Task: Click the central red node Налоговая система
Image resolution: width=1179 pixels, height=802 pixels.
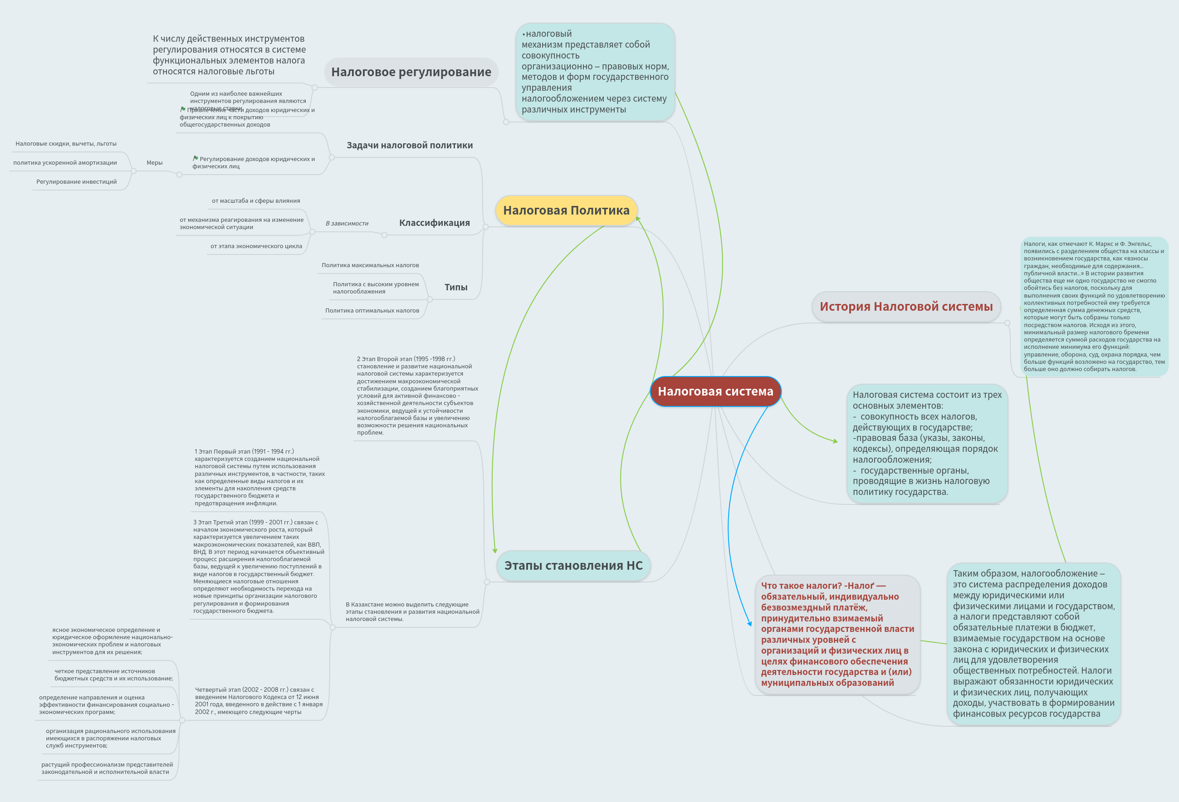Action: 715,391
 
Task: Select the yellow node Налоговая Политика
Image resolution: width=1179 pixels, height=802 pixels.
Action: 566,210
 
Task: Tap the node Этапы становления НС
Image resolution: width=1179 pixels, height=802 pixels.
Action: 573,565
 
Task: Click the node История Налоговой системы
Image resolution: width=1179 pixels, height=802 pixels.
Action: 906,306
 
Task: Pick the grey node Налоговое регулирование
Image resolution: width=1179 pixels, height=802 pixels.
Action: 411,72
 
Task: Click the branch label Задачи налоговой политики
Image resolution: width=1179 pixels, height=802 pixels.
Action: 409,145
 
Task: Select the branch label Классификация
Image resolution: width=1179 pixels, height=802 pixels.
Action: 434,223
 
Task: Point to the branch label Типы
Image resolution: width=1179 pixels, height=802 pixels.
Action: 455,287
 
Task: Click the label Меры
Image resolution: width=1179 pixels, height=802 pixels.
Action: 154,163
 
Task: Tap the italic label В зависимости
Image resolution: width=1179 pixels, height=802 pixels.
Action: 347,223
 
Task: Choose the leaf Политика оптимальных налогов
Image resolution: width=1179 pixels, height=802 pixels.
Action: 372,310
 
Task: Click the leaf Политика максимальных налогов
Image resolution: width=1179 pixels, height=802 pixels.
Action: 370,265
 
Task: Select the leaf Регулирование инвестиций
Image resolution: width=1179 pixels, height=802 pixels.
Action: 76,181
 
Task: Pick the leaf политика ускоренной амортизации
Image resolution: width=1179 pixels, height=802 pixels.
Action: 65,163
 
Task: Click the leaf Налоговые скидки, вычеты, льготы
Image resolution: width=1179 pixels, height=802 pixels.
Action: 66,143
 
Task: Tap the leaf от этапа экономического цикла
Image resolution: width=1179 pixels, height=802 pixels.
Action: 256,246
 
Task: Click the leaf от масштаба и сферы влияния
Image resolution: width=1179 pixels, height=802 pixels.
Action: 256,201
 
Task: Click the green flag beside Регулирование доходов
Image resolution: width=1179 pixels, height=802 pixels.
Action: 196,158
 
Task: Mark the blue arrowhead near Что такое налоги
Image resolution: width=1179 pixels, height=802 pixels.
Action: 750,623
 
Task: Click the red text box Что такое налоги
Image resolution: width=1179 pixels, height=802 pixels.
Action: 837,634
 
